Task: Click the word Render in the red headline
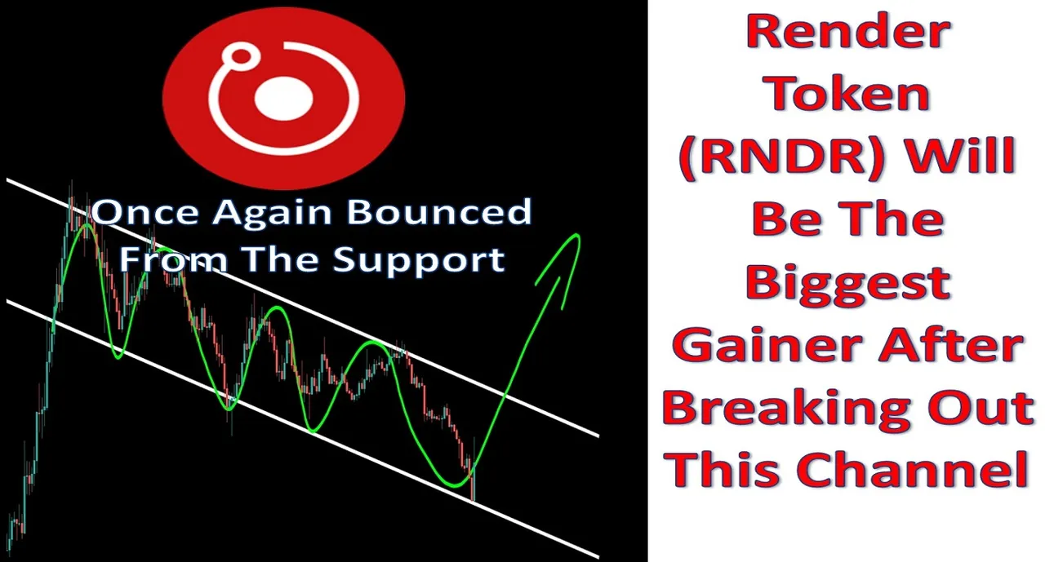tap(848, 32)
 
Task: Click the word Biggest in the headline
tap(848, 284)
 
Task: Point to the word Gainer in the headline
tap(769, 345)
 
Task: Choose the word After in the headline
tap(951, 345)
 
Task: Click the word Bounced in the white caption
tap(439, 212)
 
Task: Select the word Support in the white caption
tap(419, 261)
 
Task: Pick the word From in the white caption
tap(172, 259)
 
